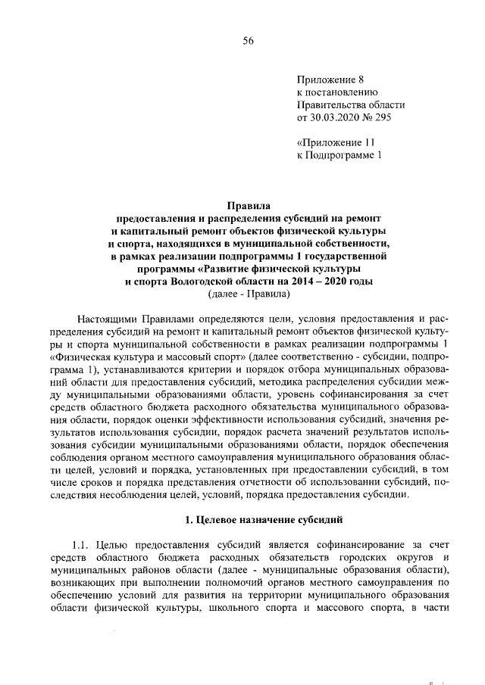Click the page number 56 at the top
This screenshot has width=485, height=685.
(248, 41)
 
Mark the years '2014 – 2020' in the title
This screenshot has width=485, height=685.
(315, 281)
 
